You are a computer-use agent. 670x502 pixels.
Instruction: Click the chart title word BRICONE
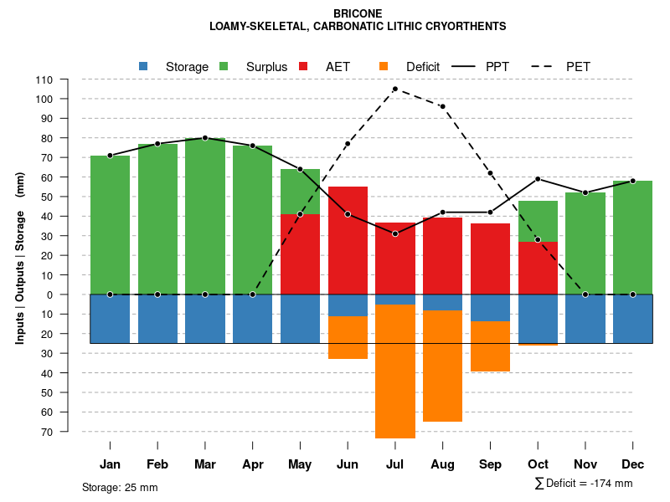pos(358,13)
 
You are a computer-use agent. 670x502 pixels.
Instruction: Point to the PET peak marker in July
pos(394,89)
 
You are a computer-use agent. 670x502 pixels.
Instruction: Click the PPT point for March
pos(205,138)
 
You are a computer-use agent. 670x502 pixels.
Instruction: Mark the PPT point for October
pos(538,179)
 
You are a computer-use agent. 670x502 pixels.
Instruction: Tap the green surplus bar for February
pos(157,218)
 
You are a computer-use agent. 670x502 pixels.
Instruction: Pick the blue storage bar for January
pos(110,319)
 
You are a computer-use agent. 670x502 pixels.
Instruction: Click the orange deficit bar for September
pos(490,346)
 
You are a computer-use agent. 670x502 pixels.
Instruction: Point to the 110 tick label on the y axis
pos(44,79)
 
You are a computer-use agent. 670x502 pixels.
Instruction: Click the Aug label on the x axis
pos(442,464)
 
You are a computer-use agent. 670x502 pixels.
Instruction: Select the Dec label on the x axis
pos(632,464)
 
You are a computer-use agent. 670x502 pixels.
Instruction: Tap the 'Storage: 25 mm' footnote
pos(120,487)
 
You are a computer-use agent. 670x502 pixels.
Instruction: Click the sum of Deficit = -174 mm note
pos(584,484)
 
